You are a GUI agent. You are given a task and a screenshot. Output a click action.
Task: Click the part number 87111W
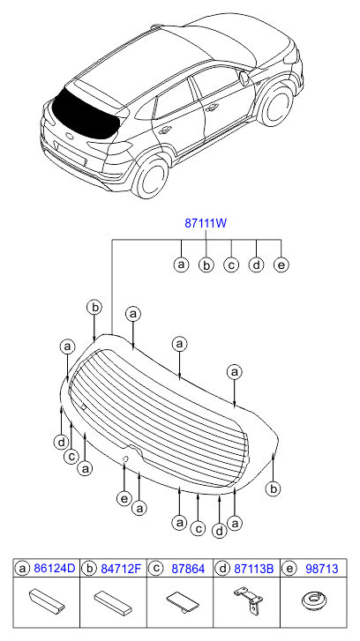pos(206,224)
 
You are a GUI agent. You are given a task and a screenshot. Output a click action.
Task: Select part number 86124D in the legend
pos(55,568)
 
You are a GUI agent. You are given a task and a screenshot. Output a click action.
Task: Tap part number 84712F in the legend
pos(122,568)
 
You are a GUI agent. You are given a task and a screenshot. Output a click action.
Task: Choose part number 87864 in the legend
pos(188,568)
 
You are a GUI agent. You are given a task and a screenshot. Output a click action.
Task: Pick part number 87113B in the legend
pos(254,568)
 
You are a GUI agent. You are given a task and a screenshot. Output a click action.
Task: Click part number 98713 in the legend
pos(321,568)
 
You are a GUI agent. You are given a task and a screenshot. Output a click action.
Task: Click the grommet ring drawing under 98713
pos(315,600)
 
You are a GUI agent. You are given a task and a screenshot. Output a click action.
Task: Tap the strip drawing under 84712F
pos(113,602)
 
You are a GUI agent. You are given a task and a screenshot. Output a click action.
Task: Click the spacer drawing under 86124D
pos(46,601)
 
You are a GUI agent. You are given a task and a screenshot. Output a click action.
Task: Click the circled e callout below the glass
pos(124,498)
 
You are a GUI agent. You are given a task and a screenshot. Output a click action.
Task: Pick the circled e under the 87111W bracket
pos(281,265)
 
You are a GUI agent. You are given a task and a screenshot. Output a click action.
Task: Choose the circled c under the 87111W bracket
pos(231,265)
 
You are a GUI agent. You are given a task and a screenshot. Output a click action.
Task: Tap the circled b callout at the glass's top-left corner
pos(94,308)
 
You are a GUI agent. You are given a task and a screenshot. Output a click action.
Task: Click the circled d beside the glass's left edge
pos(61,442)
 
